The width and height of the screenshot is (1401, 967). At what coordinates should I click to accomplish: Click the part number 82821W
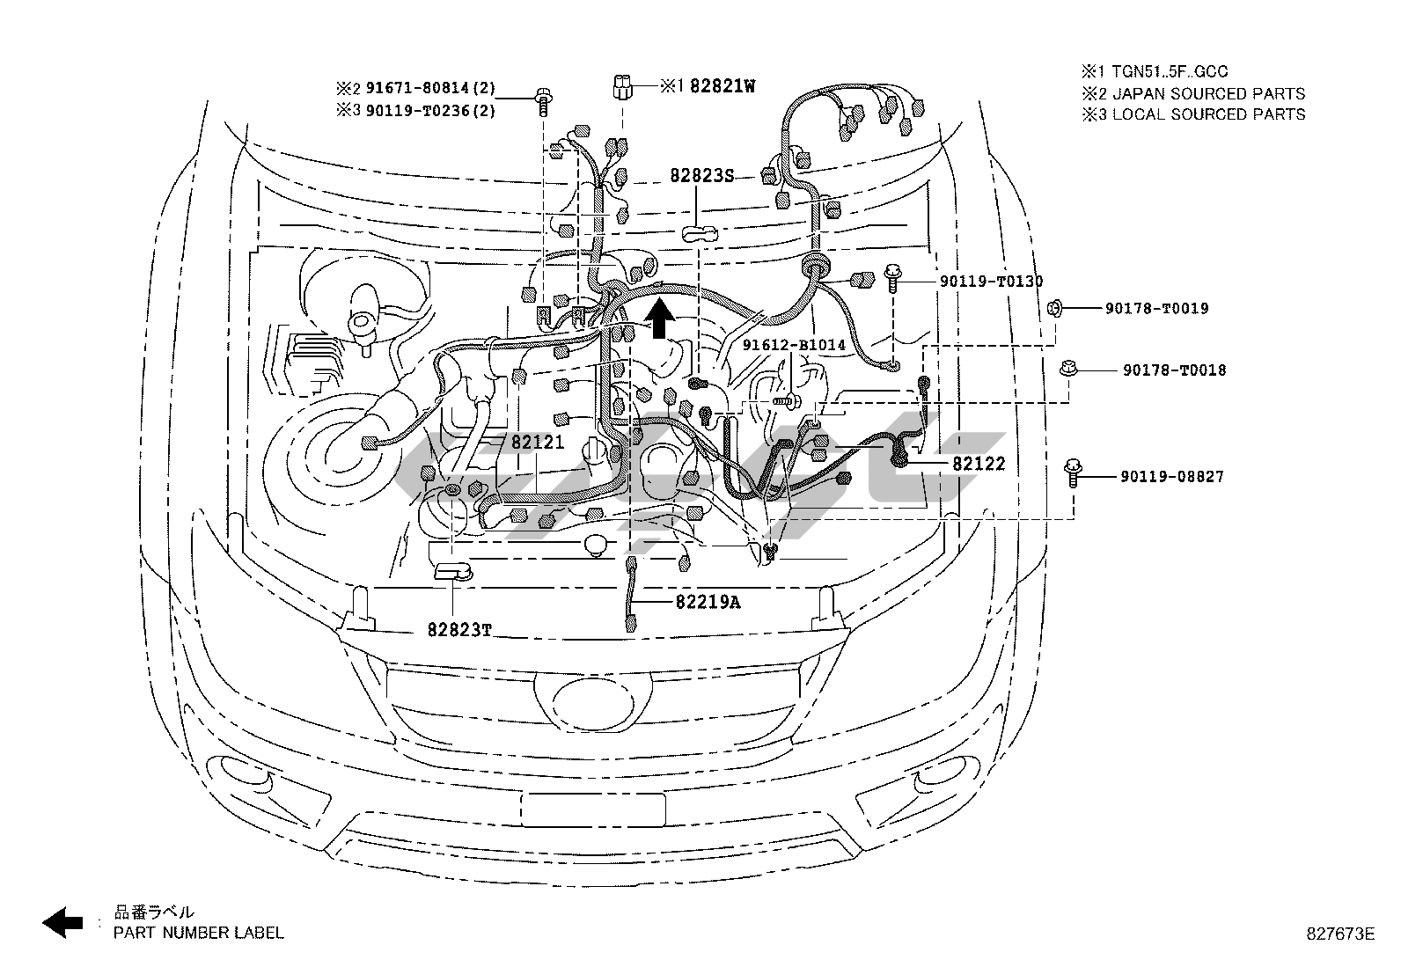pos(722,85)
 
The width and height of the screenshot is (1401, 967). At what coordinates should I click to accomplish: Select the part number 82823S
pos(701,176)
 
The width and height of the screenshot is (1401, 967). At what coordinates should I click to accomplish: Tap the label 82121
pos(538,443)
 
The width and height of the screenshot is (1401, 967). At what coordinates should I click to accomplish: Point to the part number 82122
pos(979,464)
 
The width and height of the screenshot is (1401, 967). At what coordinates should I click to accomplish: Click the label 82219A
pos(708,602)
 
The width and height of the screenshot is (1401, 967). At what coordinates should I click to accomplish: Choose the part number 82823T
pos(459,630)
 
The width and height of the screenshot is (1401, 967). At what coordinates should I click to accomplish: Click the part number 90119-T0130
pos(991,282)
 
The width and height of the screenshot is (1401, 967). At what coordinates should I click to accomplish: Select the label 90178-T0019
pos(1156,308)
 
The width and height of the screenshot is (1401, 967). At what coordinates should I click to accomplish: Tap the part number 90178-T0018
pos(1174,370)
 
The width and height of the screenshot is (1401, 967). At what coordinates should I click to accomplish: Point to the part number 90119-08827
pos(1171,477)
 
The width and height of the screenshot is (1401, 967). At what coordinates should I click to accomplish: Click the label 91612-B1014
pos(794,345)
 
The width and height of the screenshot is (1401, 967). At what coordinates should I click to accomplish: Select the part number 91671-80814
pos(417,88)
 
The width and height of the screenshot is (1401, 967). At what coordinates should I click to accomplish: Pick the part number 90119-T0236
pos(417,111)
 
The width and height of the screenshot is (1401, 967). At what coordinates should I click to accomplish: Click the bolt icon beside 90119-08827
pos(1073,473)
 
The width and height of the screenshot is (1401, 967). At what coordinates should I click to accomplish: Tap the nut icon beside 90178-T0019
pos(1055,308)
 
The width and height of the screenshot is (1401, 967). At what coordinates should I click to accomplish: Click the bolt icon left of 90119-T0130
pos(892,279)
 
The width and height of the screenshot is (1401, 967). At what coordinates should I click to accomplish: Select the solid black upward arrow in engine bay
pos(659,317)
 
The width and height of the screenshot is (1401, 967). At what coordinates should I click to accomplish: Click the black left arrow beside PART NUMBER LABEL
pos(62,922)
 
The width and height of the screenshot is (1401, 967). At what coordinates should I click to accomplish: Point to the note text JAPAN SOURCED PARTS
pos(1208,94)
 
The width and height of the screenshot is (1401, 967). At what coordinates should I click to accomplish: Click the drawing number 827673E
pos(1340,934)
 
